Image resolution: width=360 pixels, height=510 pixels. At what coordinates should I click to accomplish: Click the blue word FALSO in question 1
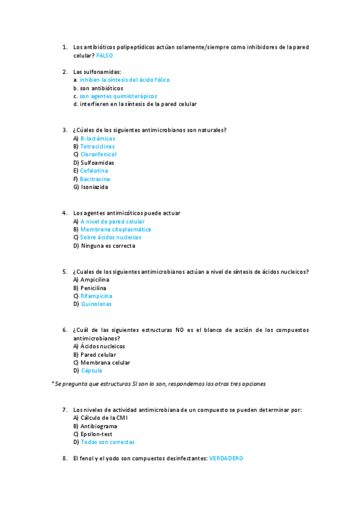(x=104, y=55)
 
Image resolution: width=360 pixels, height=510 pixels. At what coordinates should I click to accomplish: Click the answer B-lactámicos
(x=98, y=139)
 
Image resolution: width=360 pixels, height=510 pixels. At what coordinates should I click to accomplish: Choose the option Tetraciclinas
(x=97, y=147)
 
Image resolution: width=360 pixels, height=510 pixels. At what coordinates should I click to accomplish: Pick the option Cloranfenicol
(x=99, y=155)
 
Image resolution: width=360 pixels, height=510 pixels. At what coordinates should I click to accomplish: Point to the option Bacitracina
(x=95, y=179)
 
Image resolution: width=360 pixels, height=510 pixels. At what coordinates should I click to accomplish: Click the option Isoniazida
(x=94, y=187)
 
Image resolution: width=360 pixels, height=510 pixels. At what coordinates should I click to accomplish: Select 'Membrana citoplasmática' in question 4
(x=116, y=230)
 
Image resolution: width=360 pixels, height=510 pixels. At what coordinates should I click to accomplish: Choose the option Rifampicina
(x=96, y=296)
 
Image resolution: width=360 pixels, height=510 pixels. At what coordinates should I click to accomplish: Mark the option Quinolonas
(x=96, y=304)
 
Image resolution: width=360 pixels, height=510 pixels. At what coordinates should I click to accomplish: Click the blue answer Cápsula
(x=91, y=371)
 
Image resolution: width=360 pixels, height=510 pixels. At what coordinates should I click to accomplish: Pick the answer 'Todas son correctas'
(x=108, y=442)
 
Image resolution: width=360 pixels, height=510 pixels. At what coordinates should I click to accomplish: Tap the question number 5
(x=64, y=272)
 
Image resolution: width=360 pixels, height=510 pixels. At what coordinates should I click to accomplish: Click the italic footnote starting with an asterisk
(x=159, y=384)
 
